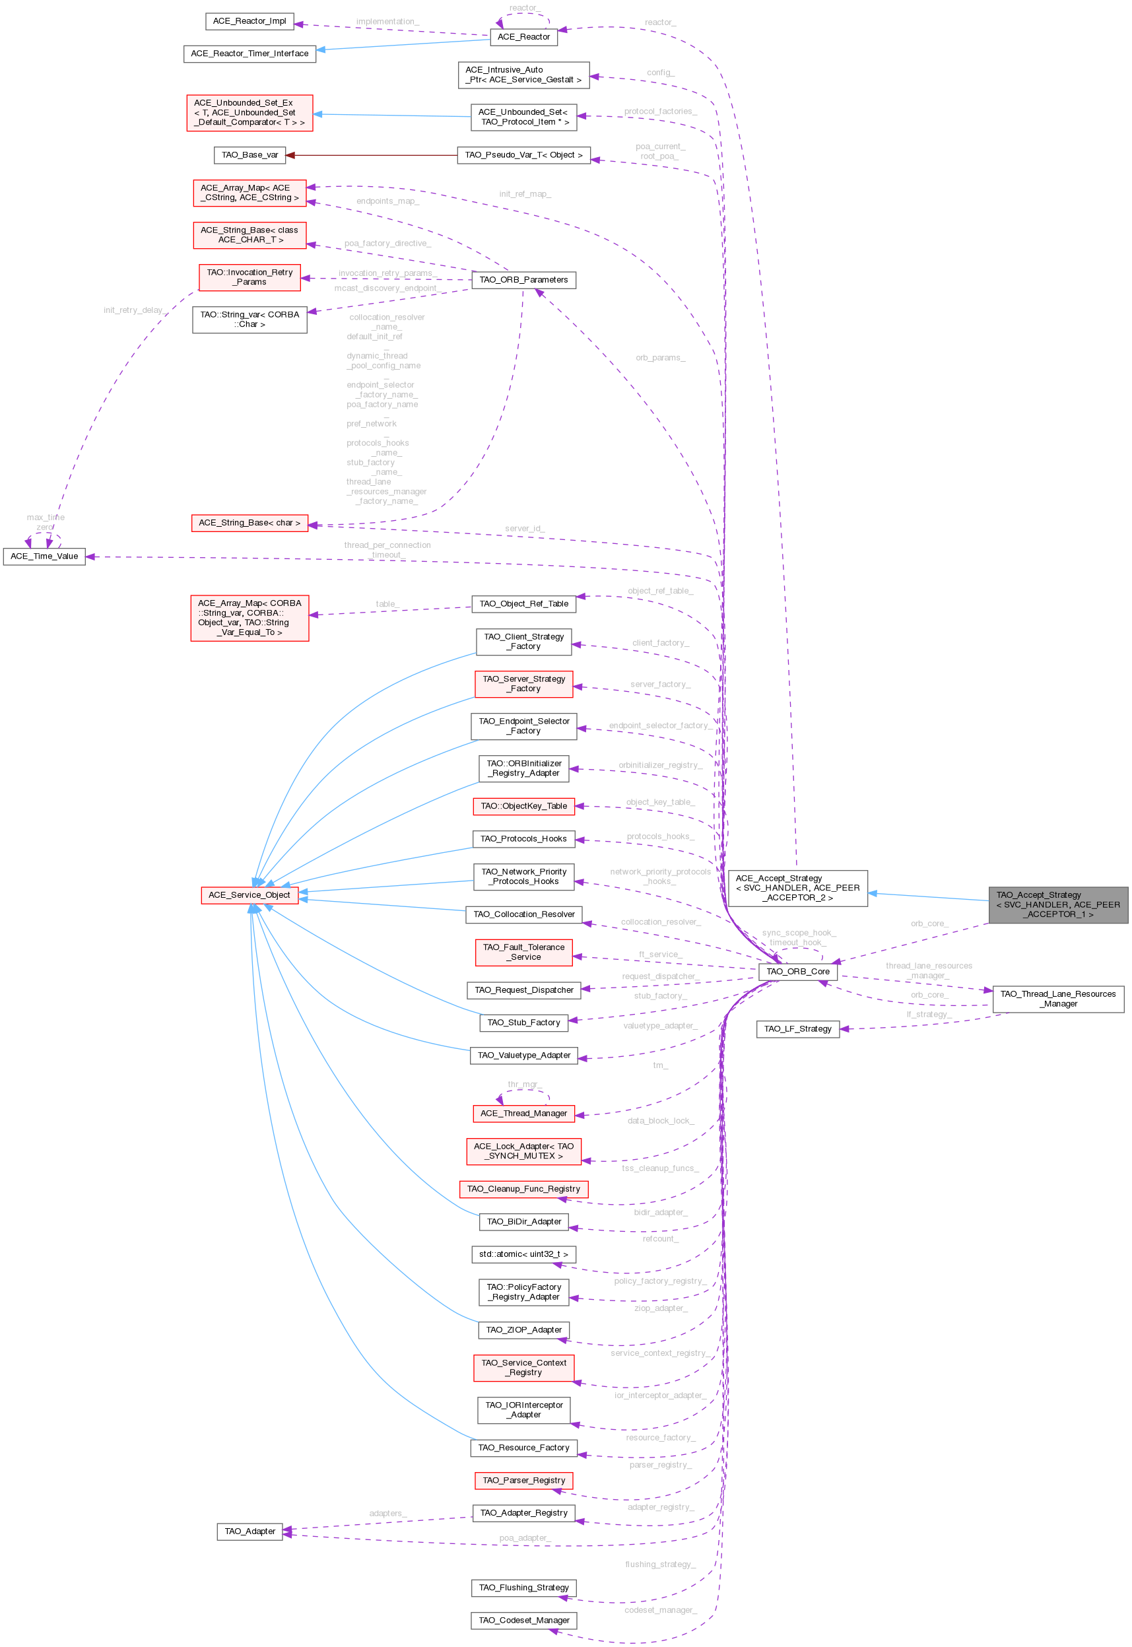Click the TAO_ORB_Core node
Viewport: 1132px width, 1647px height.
pos(797,971)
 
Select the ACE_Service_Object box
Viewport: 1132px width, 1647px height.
pos(249,895)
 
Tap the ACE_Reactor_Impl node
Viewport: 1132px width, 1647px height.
pos(249,21)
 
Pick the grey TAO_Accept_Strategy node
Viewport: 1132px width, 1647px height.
pos(1057,904)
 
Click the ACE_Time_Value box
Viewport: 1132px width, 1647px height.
pos(44,556)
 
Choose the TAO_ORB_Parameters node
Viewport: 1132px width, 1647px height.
pos(523,279)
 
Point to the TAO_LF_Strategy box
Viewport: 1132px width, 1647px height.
pos(797,1028)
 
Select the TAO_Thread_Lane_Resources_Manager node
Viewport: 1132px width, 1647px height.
pos(1057,999)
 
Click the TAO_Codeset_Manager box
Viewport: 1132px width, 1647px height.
pos(523,1620)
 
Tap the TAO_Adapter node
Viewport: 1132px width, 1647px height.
pos(250,1531)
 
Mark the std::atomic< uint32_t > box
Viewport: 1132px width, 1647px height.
pos(523,1254)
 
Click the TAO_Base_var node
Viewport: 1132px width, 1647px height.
pos(250,154)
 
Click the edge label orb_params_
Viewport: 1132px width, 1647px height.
pos(659,358)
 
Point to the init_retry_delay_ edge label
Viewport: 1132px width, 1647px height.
pos(135,310)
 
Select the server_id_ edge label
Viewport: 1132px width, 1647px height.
pos(524,529)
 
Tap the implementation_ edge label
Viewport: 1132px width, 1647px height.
pos(387,21)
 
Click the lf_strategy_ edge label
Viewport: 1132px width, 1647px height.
pos(929,1015)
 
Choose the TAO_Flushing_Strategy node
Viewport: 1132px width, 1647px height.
pos(523,1588)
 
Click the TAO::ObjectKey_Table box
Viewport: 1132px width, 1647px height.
pos(523,806)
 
